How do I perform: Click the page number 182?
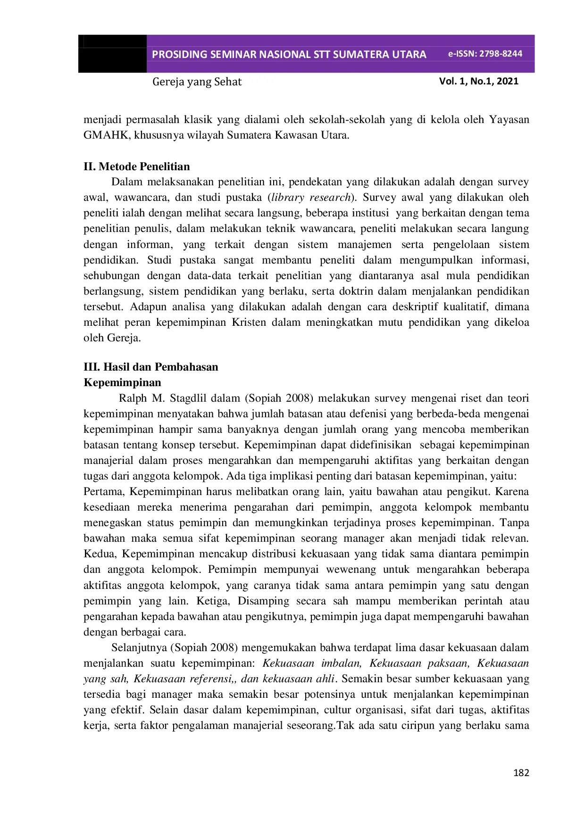(x=521, y=773)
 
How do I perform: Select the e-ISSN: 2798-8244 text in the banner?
(x=485, y=54)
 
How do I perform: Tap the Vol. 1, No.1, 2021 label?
(x=478, y=81)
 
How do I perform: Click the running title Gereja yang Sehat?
(x=197, y=82)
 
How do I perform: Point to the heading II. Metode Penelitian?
(x=137, y=166)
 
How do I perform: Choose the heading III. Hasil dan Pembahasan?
(x=151, y=367)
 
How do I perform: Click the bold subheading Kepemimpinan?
(x=123, y=382)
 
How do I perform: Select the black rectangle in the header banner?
(x=112, y=54)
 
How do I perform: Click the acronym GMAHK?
(x=106, y=135)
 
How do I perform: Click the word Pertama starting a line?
(x=103, y=492)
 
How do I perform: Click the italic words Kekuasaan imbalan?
(x=311, y=663)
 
